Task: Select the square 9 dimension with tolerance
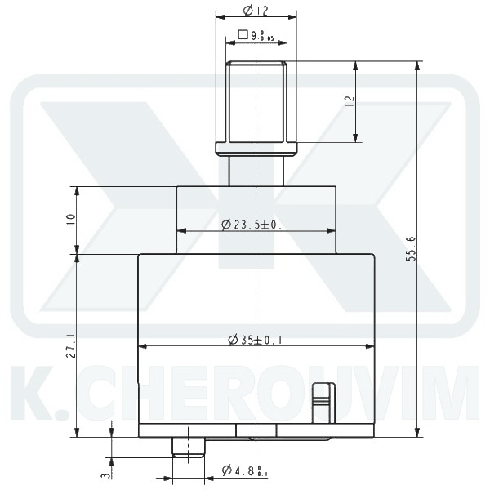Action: pyautogui.click(x=257, y=35)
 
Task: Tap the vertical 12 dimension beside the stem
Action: pyautogui.click(x=350, y=101)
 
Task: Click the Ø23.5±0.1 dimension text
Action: pyautogui.click(x=257, y=225)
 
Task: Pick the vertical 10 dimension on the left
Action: pyautogui.click(x=71, y=220)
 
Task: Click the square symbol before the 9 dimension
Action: pyautogui.click(x=243, y=35)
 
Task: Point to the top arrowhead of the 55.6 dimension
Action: pyautogui.click(x=418, y=66)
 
